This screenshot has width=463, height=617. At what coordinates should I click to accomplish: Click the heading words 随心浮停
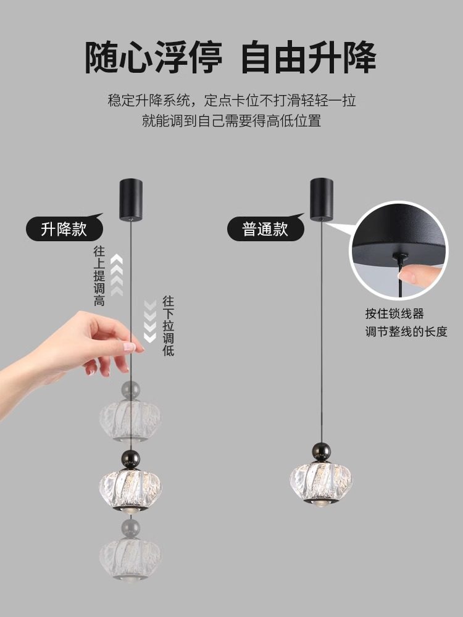coord(153,58)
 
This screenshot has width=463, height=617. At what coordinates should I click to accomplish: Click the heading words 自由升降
coord(309,58)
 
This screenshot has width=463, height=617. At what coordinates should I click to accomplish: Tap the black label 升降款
coord(64,230)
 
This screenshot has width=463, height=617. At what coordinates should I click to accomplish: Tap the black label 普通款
coord(265,230)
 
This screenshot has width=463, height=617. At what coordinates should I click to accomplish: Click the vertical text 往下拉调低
coord(168,326)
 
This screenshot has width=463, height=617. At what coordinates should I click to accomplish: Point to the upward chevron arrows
coord(117,272)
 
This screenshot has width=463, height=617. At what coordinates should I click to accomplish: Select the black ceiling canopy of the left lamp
coord(130,199)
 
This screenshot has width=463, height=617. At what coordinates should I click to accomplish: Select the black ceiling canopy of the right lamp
coord(322,199)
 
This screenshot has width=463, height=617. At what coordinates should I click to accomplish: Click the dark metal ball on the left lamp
coord(130,459)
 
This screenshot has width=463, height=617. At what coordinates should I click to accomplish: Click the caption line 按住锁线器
coord(394,315)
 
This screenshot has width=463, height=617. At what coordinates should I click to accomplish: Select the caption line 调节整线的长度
coord(406,332)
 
